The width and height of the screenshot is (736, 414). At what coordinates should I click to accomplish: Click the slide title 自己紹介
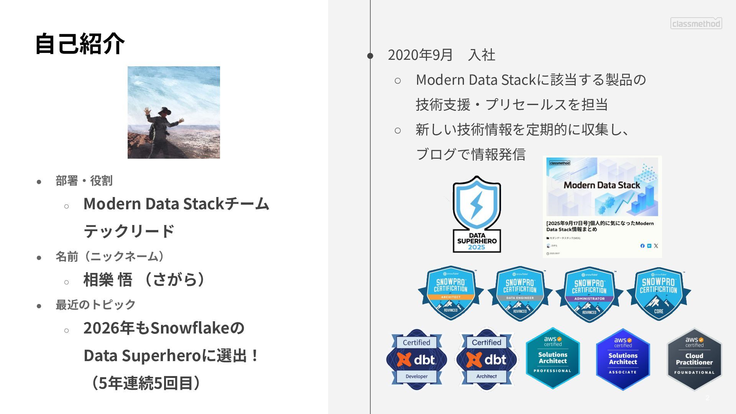tap(80, 43)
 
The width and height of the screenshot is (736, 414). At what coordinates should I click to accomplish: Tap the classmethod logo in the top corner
tap(696, 23)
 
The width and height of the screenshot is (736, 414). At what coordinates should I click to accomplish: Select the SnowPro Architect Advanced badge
tap(450, 293)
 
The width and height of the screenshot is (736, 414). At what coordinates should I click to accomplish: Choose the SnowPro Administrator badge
tap(589, 294)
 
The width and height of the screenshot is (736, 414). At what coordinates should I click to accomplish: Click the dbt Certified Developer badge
tap(416, 360)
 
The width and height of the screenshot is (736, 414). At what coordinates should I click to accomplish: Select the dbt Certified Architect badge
tap(486, 360)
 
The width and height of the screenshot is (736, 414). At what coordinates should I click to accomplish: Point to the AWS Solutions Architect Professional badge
tap(553, 358)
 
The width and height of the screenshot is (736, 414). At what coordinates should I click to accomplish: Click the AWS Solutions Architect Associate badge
tap(623, 359)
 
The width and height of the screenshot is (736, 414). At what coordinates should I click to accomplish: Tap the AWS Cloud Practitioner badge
tap(694, 359)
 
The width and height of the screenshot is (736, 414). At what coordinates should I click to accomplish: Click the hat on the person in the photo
tap(165, 110)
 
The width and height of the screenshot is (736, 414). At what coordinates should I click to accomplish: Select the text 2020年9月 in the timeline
tap(420, 55)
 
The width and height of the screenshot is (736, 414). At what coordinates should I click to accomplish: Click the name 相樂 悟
tap(108, 279)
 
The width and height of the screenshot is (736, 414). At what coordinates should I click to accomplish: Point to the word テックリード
tap(129, 231)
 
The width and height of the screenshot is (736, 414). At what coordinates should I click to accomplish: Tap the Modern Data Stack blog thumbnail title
tap(601, 185)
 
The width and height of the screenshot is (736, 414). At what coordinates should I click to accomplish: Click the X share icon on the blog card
tap(656, 246)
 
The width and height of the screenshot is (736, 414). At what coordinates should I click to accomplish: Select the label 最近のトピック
tap(95, 305)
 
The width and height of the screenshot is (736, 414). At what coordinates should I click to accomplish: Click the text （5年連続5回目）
tap(146, 383)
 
